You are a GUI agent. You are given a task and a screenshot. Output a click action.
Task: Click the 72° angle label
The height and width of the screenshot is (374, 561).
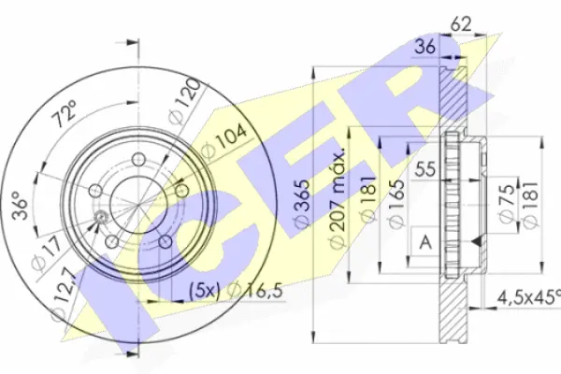64,117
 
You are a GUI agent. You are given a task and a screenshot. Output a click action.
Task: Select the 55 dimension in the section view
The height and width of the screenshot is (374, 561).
426,170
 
